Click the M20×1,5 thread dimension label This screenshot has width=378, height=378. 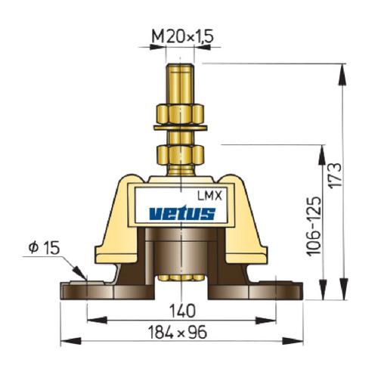pos(183,36)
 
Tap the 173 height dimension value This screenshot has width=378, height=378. pos(336,175)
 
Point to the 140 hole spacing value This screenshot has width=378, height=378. pos(182,311)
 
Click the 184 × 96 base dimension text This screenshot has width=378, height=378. pos(178,332)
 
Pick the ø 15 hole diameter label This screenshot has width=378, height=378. pos(44,247)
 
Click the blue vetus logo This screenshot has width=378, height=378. pos(182,213)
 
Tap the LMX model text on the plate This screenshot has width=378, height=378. pos(209,196)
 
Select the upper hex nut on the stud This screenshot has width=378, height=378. pos(181,114)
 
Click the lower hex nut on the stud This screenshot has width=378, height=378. pos(181,155)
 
